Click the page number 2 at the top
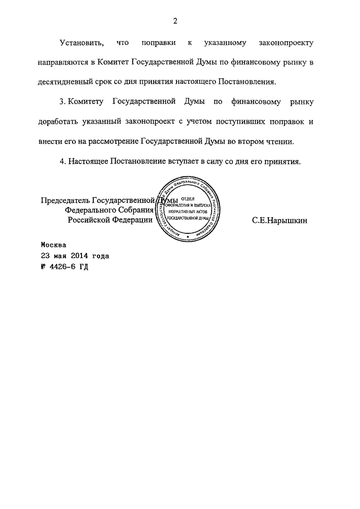[175, 21]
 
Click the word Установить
[81, 43]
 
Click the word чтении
[281, 141]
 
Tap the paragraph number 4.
[61, 162]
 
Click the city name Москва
[53, 245]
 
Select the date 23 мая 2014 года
[75, 256]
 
